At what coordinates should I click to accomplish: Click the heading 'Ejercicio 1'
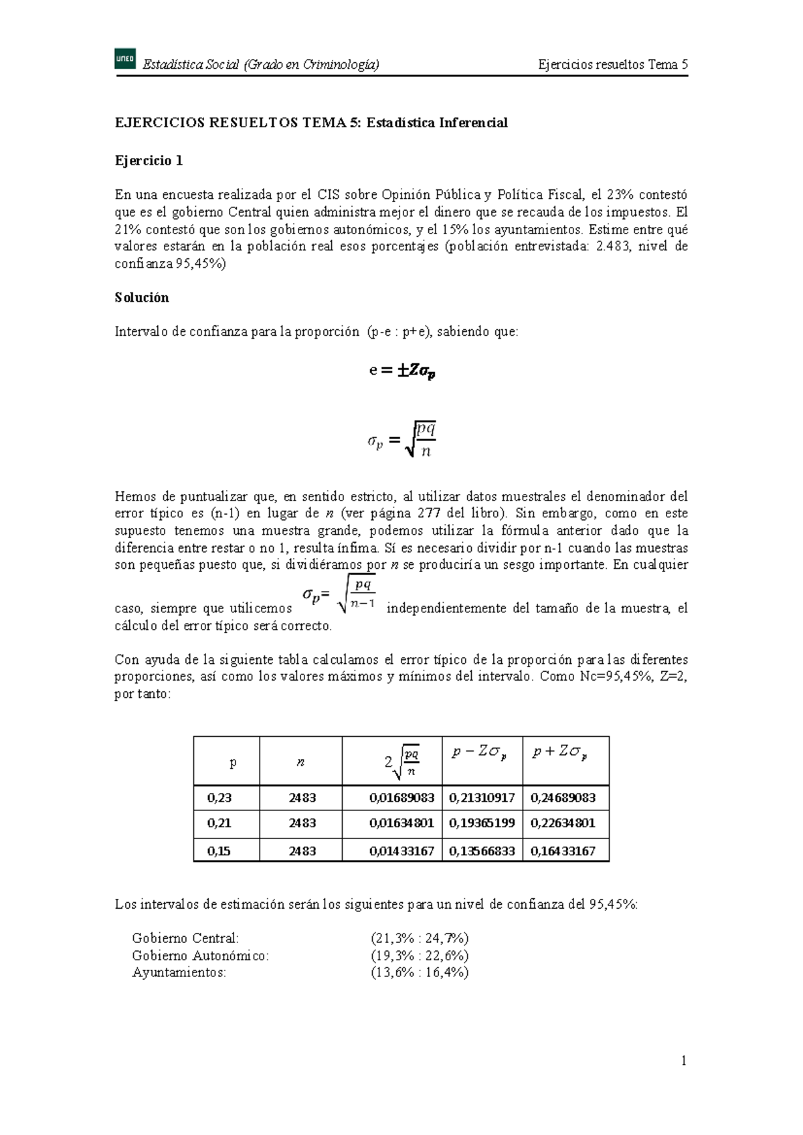click(149, 161)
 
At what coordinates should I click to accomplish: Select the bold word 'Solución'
click(142, 298)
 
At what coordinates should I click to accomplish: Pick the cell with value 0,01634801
click(401, 823)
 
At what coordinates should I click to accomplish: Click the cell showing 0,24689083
click(563, 798)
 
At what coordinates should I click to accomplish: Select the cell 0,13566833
click(482, 851)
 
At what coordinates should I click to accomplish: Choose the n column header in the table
click(301, 762)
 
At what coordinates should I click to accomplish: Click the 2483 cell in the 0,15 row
click(302, 851)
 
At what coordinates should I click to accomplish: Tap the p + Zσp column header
click(560, 752)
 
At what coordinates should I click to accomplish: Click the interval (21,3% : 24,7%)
click(420, 938)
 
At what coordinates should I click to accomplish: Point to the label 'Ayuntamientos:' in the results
click(179, 972)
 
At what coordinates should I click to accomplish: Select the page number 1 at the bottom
click(684, 1060)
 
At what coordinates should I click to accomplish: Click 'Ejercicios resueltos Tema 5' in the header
click(613, 65)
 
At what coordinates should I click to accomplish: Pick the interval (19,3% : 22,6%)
click(420, 956)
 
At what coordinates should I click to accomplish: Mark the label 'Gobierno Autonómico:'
click(200, 956)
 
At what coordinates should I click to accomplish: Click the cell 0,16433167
click(563, 851)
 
